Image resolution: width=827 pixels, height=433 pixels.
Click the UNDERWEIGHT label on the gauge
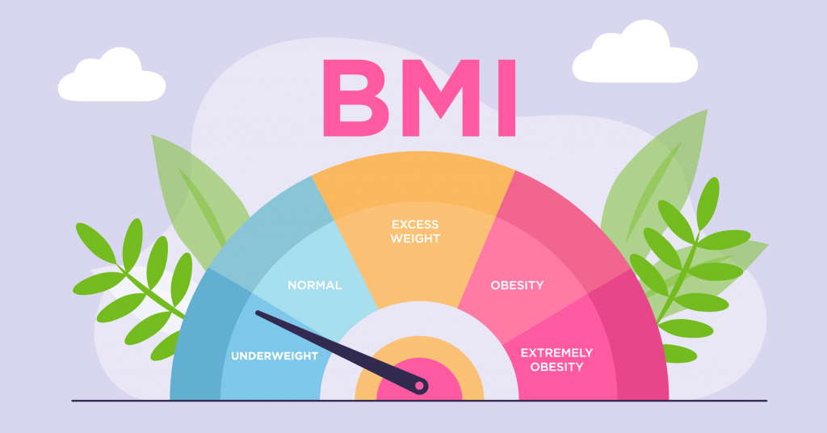275,355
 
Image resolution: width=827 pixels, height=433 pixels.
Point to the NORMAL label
315,285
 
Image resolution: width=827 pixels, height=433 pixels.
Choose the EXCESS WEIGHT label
415,231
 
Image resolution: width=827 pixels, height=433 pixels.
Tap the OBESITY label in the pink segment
517,285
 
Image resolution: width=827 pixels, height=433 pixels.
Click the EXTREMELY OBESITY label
556,359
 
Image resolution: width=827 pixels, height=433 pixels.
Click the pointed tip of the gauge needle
258,313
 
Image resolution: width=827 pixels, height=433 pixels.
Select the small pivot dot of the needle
419,387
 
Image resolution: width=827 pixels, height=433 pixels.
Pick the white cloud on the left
111,77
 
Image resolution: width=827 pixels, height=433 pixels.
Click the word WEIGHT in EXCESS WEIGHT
415,239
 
